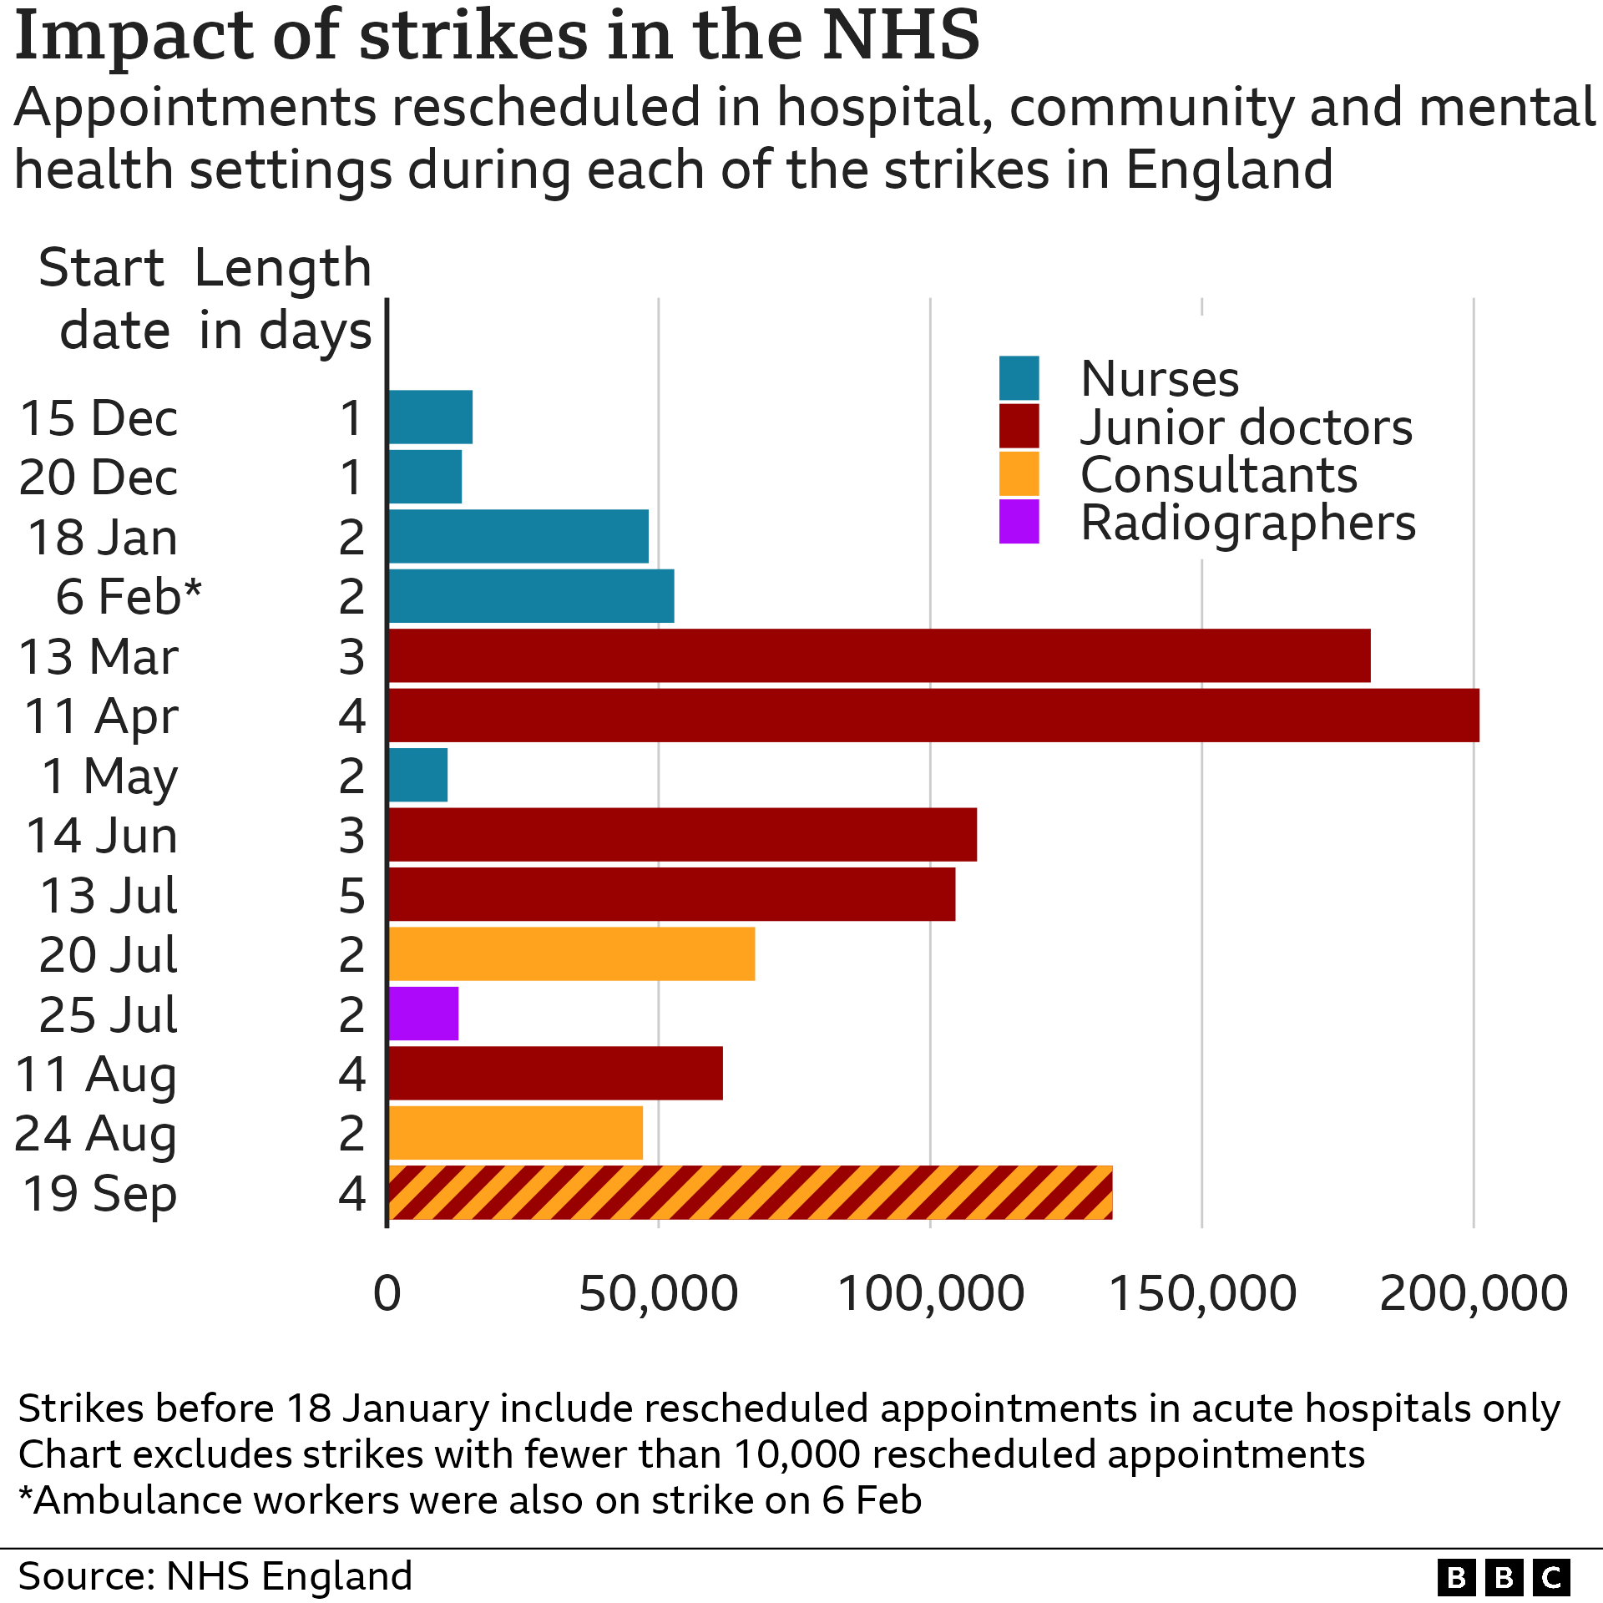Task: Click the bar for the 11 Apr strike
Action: pos(933,716)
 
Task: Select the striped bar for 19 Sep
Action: pos(750,1192)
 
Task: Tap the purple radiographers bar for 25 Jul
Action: pos(423,1014)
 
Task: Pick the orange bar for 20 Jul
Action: pos(572,953)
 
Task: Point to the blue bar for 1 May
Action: pos(418,775)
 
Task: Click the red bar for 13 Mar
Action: pos(879,655)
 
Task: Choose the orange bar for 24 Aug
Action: pos(516,1133)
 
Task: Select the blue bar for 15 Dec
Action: pos(431,417)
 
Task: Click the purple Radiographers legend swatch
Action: pos(1019,522)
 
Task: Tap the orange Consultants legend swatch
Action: pos(1019,474)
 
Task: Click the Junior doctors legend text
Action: pos(1246,427)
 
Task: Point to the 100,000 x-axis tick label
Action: pos(930,1294)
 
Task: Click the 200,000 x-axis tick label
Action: pos(1474,1294)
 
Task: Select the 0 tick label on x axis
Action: pos(387,1294)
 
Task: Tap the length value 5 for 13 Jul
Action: pos(351,895)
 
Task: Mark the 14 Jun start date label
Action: pos(102,835)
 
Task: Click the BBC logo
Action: pos(1504,1578)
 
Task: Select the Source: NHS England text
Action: pos(215,1576)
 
